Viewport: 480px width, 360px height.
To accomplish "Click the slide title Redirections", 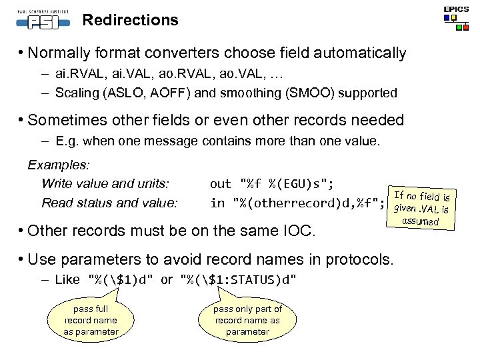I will [130, 20].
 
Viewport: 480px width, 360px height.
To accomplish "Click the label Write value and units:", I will [105, 183].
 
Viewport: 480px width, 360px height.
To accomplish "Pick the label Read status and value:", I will [109, 202].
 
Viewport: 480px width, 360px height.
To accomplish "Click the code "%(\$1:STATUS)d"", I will [239, 279].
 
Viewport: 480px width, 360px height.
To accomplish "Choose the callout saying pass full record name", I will [91, 320].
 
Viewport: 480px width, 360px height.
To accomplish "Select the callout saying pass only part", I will [247, 319].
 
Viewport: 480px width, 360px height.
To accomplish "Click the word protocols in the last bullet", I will [364, 259].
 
